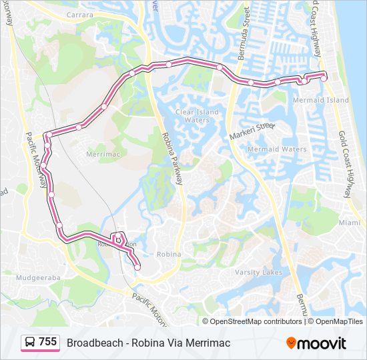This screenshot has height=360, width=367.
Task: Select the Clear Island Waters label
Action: point(197,116)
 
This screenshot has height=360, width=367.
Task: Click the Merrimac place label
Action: point(102,153)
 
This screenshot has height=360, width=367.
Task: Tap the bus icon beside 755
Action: point(30,342)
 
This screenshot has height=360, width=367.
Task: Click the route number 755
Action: point(47,342)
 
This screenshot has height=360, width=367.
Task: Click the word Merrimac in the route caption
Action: point(208,343)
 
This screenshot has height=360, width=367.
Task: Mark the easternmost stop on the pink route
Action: point(324,78)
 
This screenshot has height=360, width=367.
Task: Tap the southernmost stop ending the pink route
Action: point(137,267)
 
